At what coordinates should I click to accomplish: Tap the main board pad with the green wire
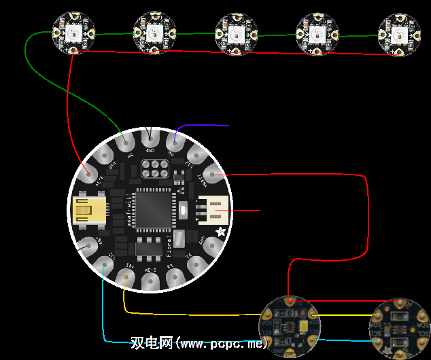point(125,142)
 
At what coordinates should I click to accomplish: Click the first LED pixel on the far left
point(73,33)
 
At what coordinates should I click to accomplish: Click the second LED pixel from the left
point(155,32)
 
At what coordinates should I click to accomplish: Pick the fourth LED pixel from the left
point(317,33)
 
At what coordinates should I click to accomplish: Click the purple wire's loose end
point(228,126)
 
